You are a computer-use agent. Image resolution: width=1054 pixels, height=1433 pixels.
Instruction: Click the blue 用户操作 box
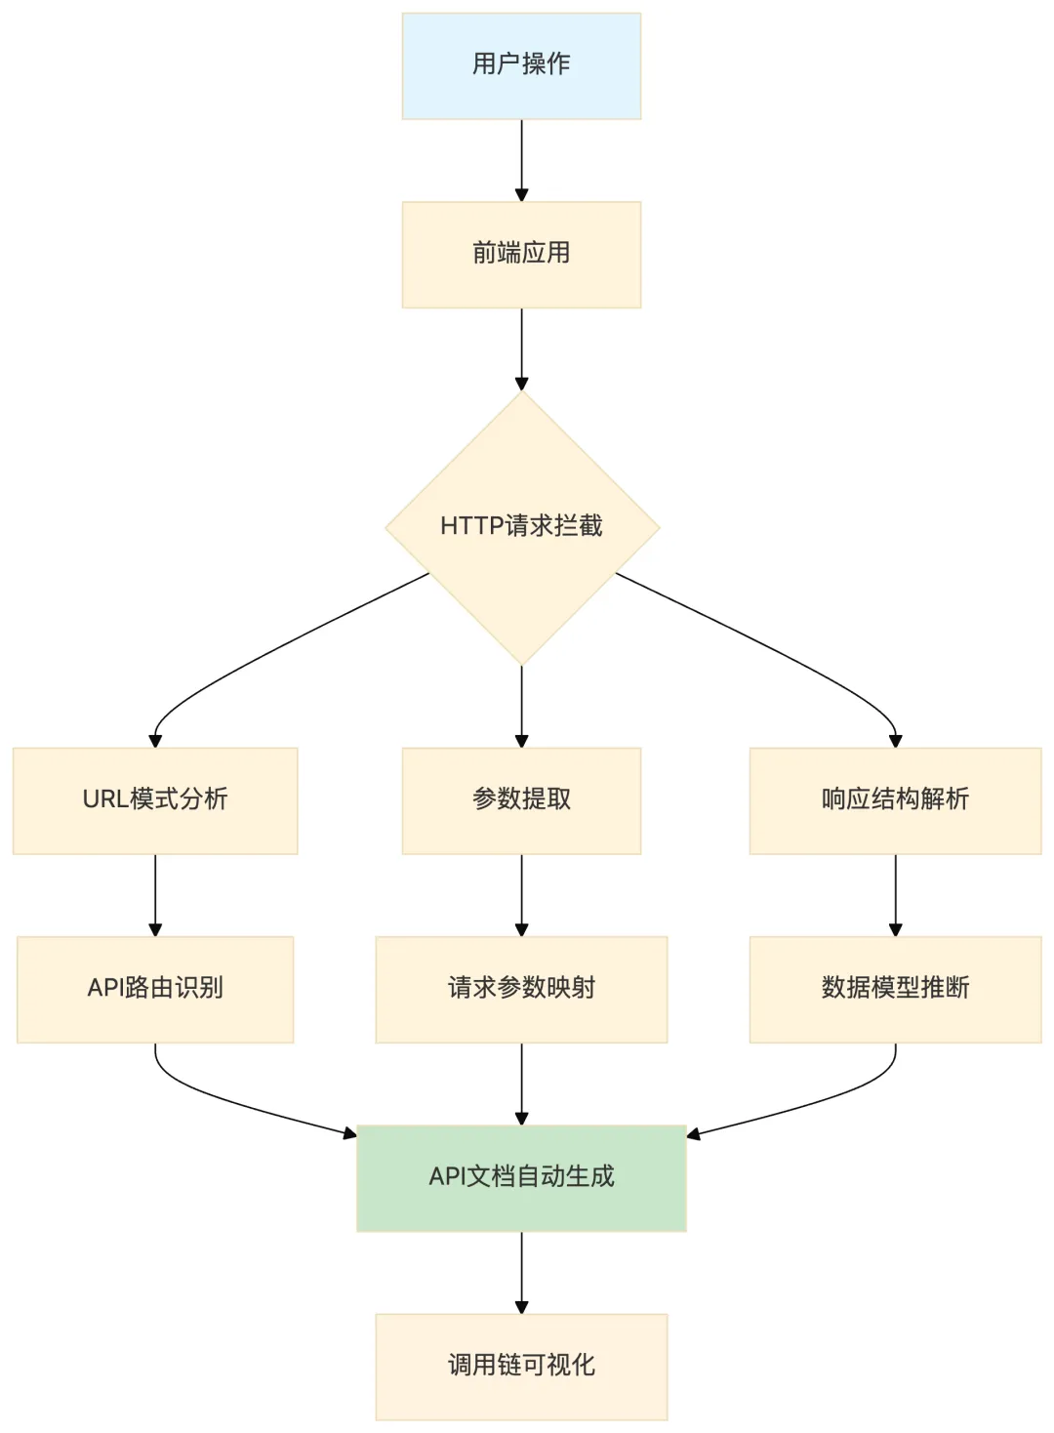[521, 66]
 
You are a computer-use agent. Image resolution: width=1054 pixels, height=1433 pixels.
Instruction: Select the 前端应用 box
[521, 255]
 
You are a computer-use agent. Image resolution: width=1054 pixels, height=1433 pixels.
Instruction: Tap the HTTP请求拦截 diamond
[522, 528]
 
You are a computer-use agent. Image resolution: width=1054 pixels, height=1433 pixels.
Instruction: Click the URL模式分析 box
[155, 800]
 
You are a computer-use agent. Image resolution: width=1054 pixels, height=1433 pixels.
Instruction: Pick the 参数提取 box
[521, 800]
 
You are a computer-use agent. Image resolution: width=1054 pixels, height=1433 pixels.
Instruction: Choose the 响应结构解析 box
[895, 800]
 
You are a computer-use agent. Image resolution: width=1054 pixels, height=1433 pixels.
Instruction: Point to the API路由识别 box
[155, 989]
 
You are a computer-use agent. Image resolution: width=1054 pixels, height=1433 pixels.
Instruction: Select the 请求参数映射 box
[521, 989]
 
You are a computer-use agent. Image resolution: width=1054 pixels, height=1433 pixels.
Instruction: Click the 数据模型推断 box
[895, 989]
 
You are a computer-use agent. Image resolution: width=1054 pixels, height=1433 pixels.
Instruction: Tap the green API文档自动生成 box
[521, 1178]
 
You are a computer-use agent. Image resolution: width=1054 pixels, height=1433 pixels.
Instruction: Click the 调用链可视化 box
[521, 1367]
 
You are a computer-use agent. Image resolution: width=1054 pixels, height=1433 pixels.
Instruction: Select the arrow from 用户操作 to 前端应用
[521, 160]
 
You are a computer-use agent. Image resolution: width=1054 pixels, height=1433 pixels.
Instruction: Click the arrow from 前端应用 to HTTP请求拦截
[521, 349]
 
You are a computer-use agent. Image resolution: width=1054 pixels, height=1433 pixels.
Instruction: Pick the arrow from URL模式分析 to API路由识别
[155, 895]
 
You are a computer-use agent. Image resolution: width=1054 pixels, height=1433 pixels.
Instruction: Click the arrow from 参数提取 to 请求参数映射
[521, 895]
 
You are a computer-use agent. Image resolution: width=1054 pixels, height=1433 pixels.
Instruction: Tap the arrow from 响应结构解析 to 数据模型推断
[895, 895]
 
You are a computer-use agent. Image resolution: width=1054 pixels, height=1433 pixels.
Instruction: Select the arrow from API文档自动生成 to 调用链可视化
[521, 1273]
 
